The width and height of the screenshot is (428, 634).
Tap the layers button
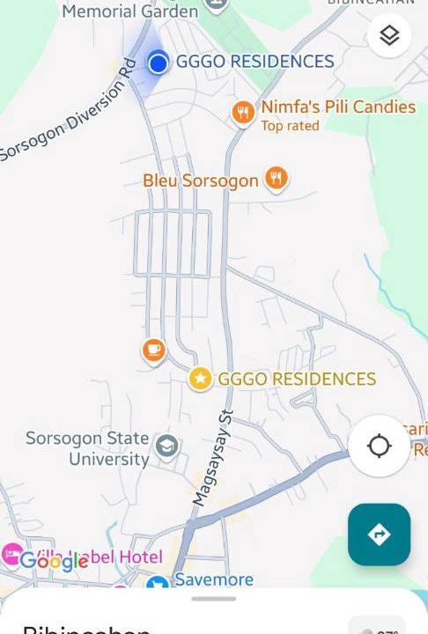(x=389, y=36)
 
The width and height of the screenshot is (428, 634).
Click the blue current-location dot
(x=159, y=63)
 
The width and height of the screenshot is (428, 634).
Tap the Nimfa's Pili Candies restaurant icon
(x=243, y=112)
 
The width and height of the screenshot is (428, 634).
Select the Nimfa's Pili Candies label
(x=338, y=107)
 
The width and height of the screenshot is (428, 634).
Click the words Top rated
(x=290, y=126)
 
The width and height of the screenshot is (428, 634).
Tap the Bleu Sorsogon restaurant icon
(x=277, y=179)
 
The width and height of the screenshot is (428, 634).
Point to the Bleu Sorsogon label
(x=201, y=181)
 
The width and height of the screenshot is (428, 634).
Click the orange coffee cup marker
(x=154, y=350)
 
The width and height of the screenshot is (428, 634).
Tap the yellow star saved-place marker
(x=201, y=379)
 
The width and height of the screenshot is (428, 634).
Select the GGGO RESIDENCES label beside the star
(x=297, y=379)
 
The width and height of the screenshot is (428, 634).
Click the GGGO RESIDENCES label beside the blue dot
(x=255, y=62)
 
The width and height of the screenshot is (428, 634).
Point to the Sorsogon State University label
(x=87, y=448)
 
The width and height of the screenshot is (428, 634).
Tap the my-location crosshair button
(x=379, y=446)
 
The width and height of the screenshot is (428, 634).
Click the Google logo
(x=54, y=561)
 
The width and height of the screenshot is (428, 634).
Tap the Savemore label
(x=214, y=579)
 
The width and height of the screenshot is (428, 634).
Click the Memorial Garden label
(x=129, y=11)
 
